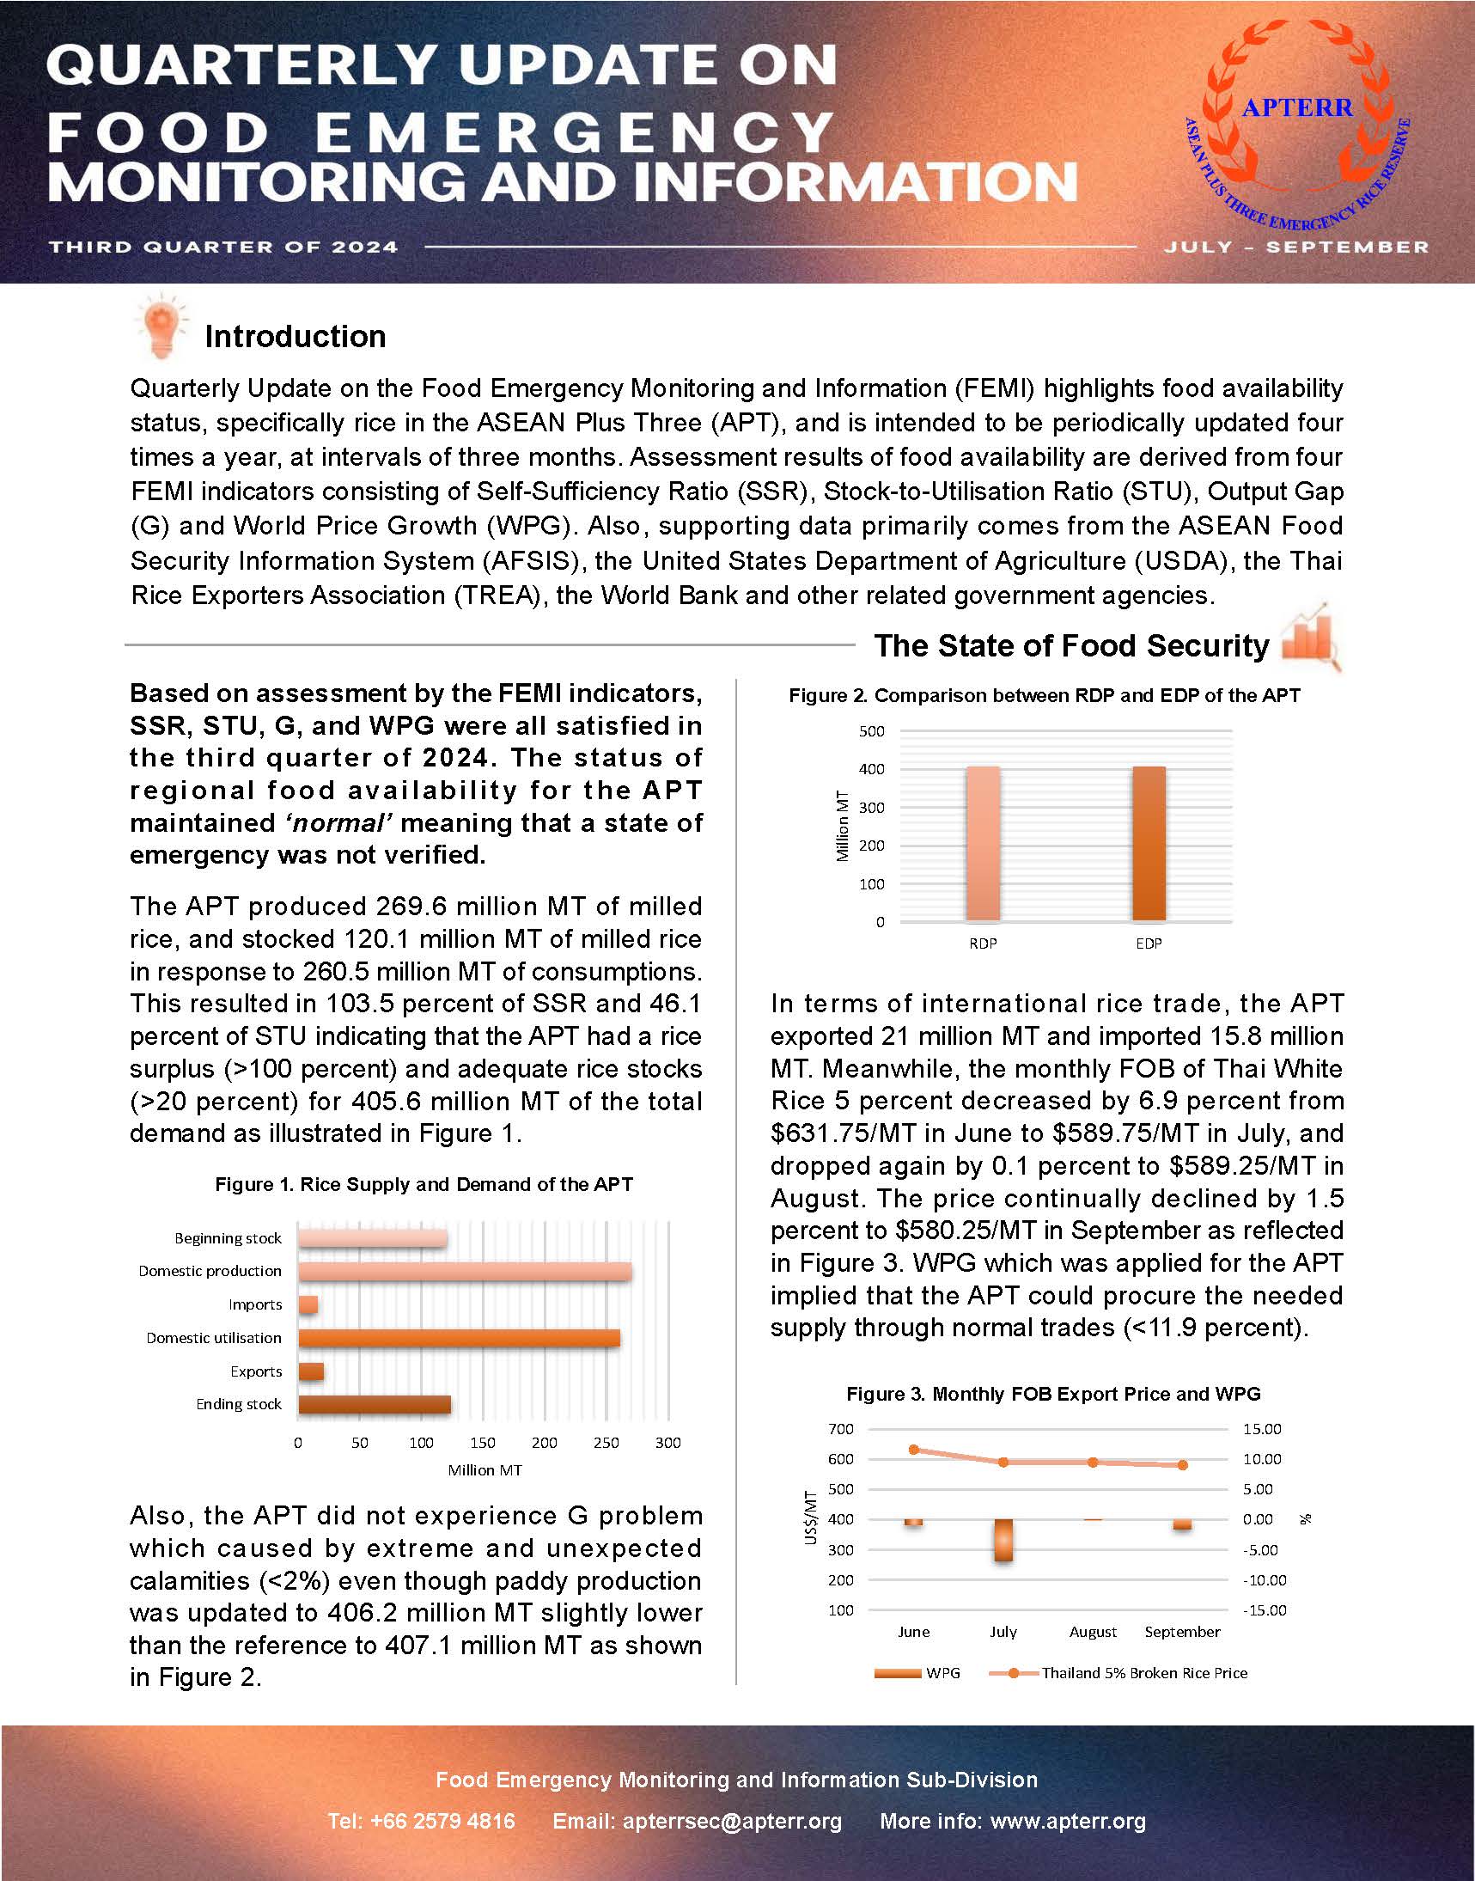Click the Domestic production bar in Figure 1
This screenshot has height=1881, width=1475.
point(465,1271)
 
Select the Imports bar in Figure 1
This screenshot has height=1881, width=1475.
point(308,1304)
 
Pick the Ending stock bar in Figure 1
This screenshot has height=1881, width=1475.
point(374,1404)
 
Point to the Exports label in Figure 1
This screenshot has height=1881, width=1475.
point(256,1371)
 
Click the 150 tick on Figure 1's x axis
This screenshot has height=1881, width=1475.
point(482,1443)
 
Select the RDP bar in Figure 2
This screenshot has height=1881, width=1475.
point(983,843)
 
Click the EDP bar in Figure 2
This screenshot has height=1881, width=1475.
point(1149,843)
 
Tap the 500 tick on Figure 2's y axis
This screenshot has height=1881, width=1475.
point(871,731)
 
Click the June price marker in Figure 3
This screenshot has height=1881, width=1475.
point(914,1450)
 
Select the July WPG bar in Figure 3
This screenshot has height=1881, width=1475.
point(1003,1540)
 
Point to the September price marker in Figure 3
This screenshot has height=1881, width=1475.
point(1182,1466)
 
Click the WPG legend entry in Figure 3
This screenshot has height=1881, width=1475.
point(917,1673)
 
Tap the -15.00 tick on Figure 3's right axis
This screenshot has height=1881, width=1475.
point(1265,1610)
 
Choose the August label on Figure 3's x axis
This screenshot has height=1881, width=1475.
point(1093,1633)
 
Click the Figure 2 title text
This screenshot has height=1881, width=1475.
point(1044,696)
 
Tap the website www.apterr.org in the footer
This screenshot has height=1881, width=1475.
point(1068,1822)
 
